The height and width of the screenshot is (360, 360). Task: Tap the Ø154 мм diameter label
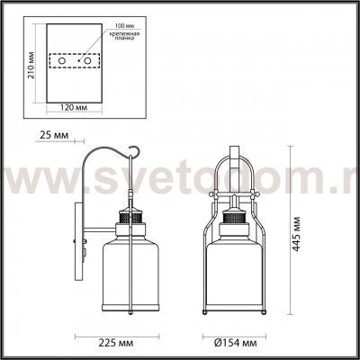point(232,344)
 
